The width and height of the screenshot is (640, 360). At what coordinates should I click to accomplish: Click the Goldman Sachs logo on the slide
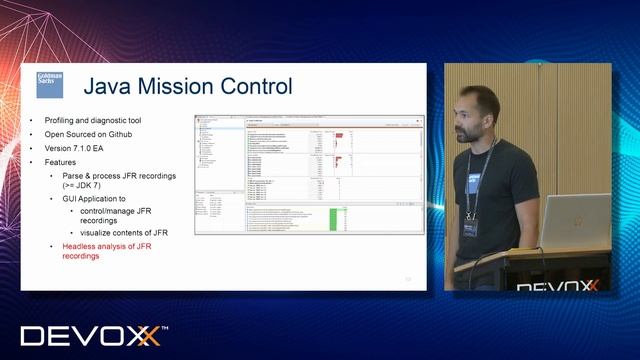tap(50, 84)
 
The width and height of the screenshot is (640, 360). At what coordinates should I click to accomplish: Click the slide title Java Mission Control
tap(187, 86)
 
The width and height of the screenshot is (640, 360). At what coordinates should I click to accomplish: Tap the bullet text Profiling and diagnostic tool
tap(92, 120)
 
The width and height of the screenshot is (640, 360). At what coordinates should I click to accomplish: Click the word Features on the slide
tap(62, 162)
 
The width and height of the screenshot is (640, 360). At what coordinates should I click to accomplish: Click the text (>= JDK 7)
tap(91, 186)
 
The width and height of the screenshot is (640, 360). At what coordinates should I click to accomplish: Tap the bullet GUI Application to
tap(97, 199)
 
